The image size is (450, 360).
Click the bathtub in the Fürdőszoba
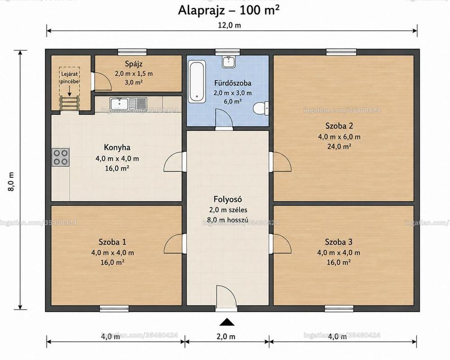(x=197, y=82)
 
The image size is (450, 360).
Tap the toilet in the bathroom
(x=261, y=108)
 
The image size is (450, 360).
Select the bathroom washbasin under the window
(x=228, y=62)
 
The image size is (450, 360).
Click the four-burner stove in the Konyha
(x=61, y=157)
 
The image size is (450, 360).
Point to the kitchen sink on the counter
(x=128, y=103)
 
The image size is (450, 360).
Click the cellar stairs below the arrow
(x=69, y=103)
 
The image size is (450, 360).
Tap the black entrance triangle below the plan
(x=227, y=322)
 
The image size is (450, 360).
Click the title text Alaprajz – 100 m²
(x=229, y=10)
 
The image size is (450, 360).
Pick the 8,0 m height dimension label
(x=11, y=182)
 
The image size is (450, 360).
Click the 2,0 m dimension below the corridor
(x=226, y=336)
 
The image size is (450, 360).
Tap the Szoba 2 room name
(x=339, y=126)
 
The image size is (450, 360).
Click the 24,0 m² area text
(x=339, y=146)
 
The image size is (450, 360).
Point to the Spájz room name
(x=134, y=64)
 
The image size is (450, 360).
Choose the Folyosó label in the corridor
(x=228, y=199)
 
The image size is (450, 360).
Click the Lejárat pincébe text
(x=69, y=78)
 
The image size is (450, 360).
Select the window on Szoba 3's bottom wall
(x=339, y=309)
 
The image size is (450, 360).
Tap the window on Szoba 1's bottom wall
(x=114, y=309)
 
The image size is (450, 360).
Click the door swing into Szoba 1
(x=174, y=244)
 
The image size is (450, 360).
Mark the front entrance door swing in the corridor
(x=226, y=296)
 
